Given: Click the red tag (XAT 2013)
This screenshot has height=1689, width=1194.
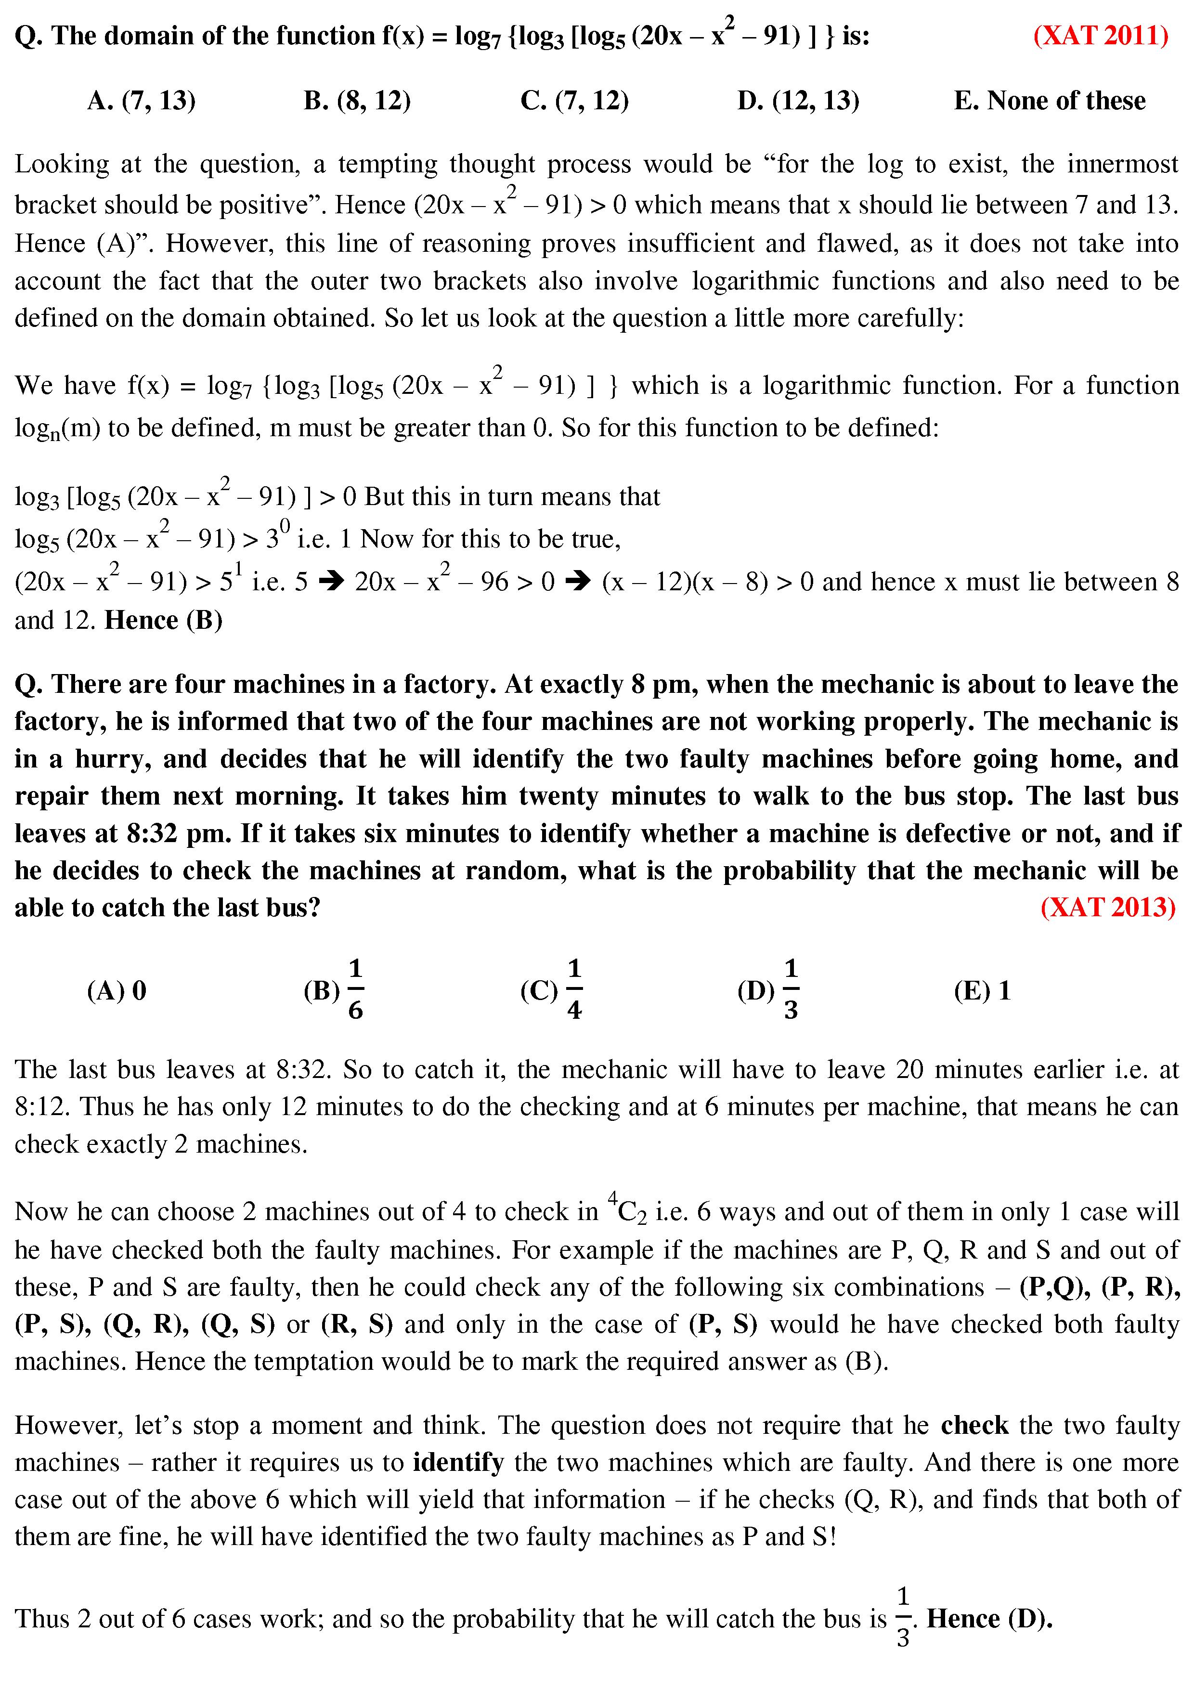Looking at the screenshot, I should tap(1108, 907).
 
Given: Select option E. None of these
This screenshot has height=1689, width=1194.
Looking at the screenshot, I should tap(1049, 101).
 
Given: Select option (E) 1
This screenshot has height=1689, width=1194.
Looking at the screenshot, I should tap(982, 991).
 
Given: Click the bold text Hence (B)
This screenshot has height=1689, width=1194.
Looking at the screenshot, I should tap(163, 620).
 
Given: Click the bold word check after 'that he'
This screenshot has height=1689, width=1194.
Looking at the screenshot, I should tap(974, 1425).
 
